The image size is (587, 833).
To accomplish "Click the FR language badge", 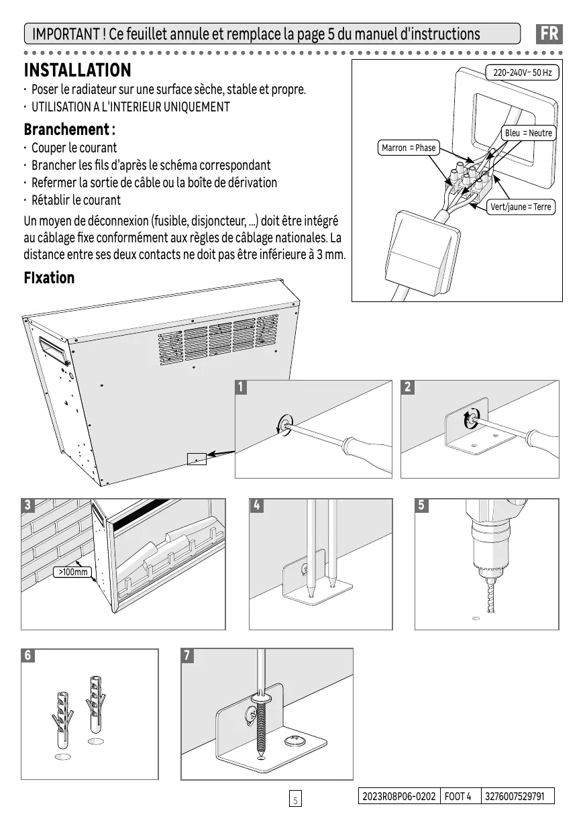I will tap(549, 34).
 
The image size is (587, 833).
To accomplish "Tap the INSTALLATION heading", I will tap(77, 70).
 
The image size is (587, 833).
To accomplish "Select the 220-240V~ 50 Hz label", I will tap(522, 72).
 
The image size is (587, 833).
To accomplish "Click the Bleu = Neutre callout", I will tap(528, 133).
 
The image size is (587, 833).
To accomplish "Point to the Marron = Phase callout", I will tap(408, 148).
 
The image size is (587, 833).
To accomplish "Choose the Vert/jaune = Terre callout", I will tap(521, 207).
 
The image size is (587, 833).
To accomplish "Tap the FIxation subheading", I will tap(49, 278).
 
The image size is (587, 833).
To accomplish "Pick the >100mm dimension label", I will tap(72, 573).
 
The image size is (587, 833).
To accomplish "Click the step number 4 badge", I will tap(256, 505).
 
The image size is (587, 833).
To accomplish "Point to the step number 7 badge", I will tap(189, 656).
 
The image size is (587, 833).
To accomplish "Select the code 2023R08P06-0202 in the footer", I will tap(398, 796).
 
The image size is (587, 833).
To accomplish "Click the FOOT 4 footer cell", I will tap(459, 796).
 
